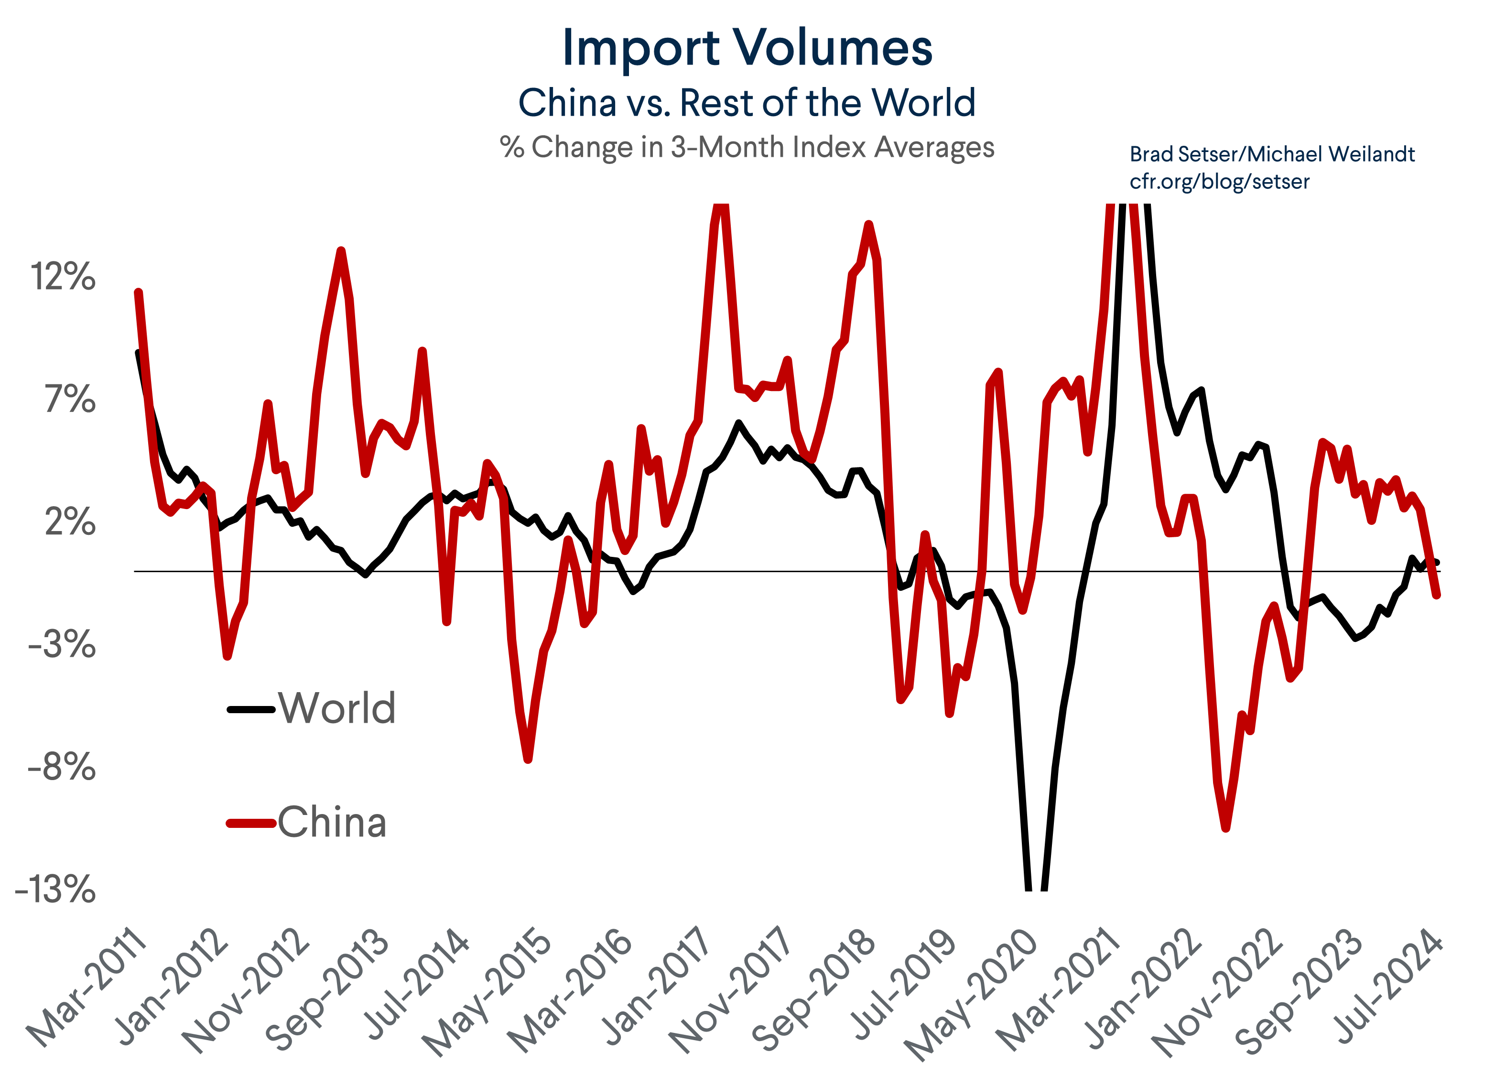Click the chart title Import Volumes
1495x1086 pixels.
pyautogui.click(x=747, y=48)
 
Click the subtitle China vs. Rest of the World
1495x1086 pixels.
pyautogui.click(x=747, y=104)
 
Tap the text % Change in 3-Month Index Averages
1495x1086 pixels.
pyautogui.click(x=747, y=147)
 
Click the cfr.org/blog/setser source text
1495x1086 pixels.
pyautogui.click(x=1219, y=181)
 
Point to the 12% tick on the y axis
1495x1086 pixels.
pyautogui.click(x=63, y=277)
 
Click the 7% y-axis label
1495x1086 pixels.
pyautogui.click(x=70, y=400)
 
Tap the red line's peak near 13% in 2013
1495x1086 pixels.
pyautogui.click(x=341, y=250)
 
